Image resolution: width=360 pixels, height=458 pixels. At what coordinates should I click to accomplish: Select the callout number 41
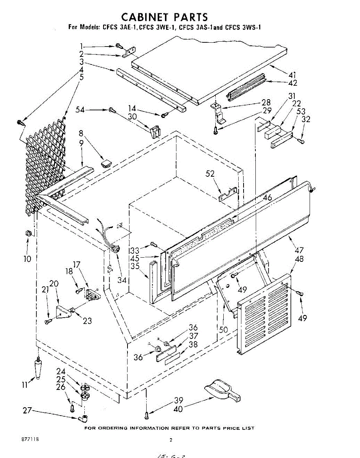pos(292,75)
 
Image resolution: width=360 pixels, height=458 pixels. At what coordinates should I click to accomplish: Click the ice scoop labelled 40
pos(221,389)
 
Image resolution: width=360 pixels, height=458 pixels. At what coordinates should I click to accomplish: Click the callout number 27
pos(26,411)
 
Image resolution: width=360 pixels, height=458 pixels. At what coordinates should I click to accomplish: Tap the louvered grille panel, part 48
pos(263,313)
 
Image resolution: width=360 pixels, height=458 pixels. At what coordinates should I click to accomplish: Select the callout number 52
pos(210,174)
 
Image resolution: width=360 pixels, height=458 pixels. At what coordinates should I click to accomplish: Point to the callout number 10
pos(27,259)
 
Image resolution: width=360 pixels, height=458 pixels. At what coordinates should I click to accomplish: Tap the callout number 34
pos(122,280)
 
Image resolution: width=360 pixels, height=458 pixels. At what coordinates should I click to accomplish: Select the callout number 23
pos(87,321)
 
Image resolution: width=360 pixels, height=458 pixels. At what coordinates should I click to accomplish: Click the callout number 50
pos(223,329)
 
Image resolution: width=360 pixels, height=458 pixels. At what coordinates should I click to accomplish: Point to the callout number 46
pos(267,198)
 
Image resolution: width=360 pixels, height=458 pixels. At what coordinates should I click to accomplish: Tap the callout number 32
pos(305,119)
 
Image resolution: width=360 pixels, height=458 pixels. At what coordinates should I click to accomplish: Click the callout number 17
pos(77,264)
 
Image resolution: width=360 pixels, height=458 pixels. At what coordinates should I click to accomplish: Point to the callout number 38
pos(194,345)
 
